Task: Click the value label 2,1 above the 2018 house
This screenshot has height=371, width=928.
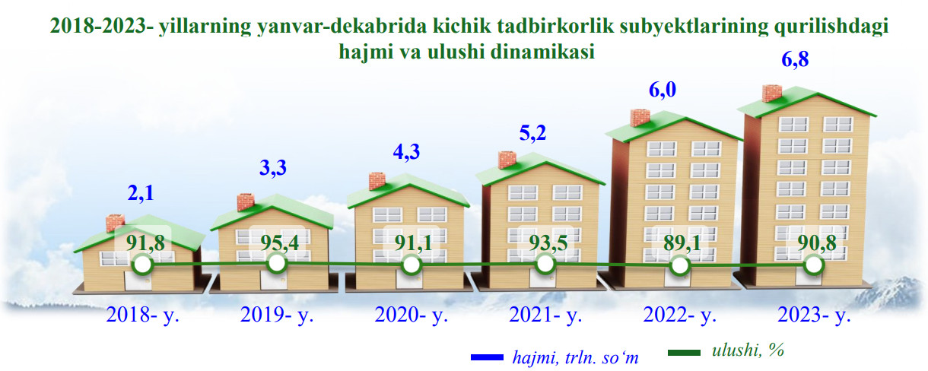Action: pos(141,193)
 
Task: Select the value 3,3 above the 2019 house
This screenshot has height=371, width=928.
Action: pos(273,168)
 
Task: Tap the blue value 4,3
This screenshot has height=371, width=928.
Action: pos(406,152)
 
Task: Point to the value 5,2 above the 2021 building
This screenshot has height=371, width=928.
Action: pos(532,133)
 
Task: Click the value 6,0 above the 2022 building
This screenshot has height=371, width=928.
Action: pos(663,90)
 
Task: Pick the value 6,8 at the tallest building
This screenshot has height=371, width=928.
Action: pos(795,59)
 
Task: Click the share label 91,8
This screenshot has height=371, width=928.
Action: pos(145,243)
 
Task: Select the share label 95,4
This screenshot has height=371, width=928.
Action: pos(280,243)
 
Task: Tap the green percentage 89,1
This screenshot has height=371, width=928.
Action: pos(682,243)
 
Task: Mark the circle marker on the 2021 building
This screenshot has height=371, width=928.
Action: pos(545,264)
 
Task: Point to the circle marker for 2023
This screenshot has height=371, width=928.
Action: pos(814,265)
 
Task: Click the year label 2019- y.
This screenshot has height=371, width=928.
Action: pos(277,315)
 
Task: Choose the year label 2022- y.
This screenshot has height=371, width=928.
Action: pos(680,315)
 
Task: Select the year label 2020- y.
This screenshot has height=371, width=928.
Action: pos(412,315)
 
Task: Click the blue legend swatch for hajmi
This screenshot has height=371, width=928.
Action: pos(487,357)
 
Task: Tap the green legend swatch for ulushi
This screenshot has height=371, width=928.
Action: pos(685,353)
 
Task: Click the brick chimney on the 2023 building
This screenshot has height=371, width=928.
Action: pos(772,94)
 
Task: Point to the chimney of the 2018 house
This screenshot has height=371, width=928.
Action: pos(115,223)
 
